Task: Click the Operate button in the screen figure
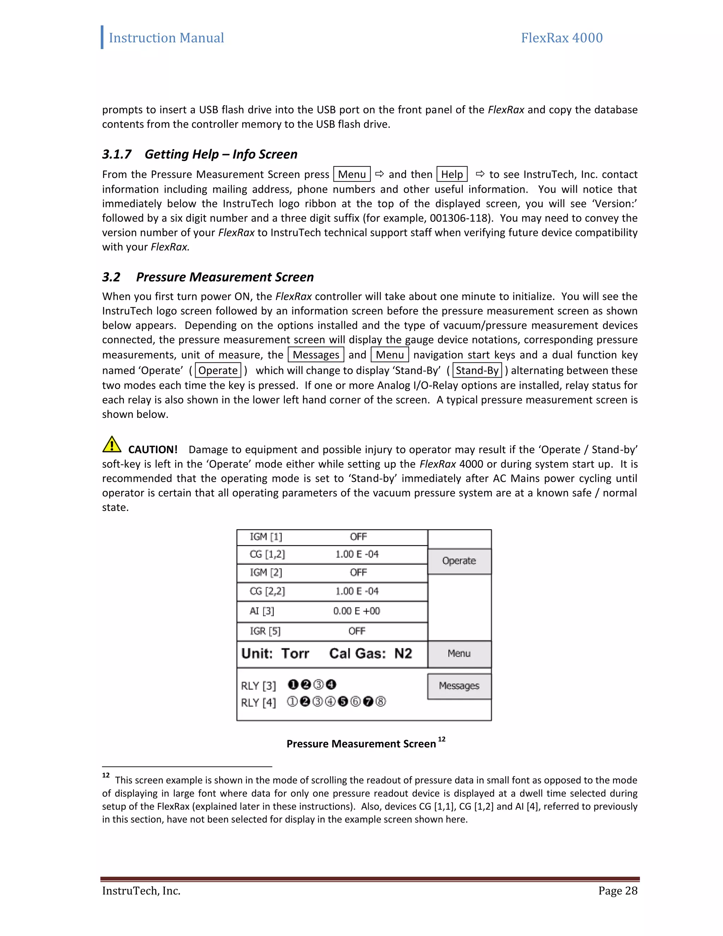(x=459, y=561)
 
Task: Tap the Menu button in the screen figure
(x=459, y=653)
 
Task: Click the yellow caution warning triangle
(x=112, y=444)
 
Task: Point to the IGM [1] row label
(x=266, y=537)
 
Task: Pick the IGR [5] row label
(x=265, y=631)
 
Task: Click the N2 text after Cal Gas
(x=403, y=653)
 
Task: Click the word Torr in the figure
(x=295, y=653)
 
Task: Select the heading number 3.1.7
(x=116, y=154)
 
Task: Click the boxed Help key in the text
(x=452, y=174)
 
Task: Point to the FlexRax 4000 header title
(x=562, y=38)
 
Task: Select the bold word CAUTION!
(x=153, y=450)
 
